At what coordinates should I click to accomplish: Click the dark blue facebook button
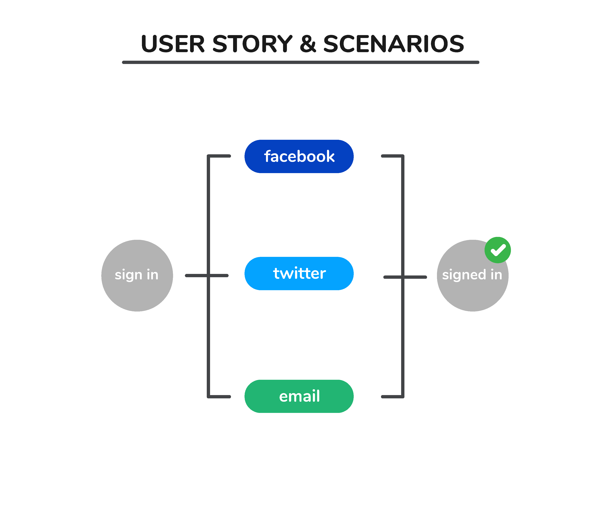(299, 156)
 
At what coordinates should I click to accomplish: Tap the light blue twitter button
(299, 273)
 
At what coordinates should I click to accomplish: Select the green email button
(299, 396)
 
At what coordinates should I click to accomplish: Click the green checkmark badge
(498, 250)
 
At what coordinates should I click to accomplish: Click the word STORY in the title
(252, 44)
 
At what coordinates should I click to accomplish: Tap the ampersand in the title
(308, 44)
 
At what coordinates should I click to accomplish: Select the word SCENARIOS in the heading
(394, 44)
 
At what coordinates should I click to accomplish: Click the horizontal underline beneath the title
(300, 62)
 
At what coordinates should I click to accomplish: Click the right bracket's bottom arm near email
(392, 397)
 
